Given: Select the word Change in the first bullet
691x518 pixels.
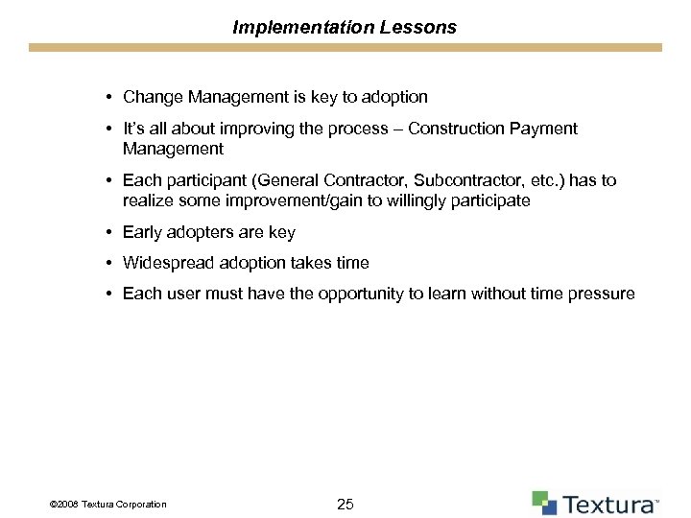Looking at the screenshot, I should pos(150,97).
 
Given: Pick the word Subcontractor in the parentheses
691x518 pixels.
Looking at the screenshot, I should pos(439,180).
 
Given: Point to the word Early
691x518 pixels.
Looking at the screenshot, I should pos(143,232).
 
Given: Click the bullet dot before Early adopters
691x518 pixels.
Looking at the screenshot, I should pos(111,232).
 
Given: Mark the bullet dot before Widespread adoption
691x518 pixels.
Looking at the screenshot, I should pos(111,263).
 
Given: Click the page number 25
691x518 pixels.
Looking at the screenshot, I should pos(345,503).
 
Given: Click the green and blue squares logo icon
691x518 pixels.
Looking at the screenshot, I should pos(544,503).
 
